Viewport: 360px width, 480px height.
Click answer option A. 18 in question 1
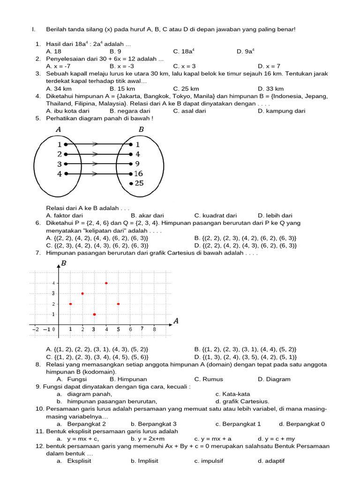[x=53, y=52]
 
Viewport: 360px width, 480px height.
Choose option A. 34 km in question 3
[x=59, y=89]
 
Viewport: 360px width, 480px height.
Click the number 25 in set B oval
[x=139, y=183]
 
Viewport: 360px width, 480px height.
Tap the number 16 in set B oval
[x=138, y=173]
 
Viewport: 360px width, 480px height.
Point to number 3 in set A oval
[x=60, y=164]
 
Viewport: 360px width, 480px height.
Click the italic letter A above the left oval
[x=58, y=129]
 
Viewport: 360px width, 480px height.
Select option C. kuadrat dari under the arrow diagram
[x=215, y=216]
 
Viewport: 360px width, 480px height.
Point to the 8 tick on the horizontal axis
[x=154, y=329]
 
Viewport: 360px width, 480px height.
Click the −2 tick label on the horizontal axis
[x=36, y=329]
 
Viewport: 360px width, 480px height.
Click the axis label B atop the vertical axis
[x=64, y=263]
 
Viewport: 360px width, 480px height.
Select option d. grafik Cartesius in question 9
[x=242, y=401]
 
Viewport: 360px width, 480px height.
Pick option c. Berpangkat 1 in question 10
[x=238, y=424]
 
